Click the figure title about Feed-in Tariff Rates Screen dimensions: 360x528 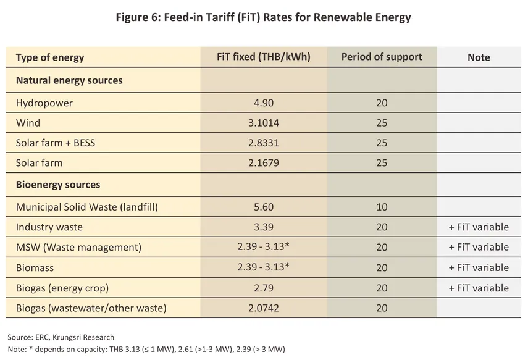264,17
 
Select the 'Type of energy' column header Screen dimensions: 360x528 50,57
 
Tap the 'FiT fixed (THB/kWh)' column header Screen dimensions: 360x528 264,57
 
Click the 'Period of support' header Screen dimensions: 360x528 382,57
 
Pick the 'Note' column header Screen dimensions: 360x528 479,57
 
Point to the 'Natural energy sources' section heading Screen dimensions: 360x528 69,80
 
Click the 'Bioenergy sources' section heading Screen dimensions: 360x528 58,185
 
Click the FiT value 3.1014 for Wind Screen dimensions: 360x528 264,123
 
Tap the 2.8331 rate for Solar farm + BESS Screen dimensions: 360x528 264,143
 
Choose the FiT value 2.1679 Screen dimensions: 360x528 264,164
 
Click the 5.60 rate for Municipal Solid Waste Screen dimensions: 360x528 264,207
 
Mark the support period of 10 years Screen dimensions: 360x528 382,207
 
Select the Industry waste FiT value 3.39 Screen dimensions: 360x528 264,227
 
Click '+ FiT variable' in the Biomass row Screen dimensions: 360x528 479,267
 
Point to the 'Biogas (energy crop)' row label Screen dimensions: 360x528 62,288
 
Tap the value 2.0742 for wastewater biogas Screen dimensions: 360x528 264,308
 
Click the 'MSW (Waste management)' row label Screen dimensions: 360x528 78,248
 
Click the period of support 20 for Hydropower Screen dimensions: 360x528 382,103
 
